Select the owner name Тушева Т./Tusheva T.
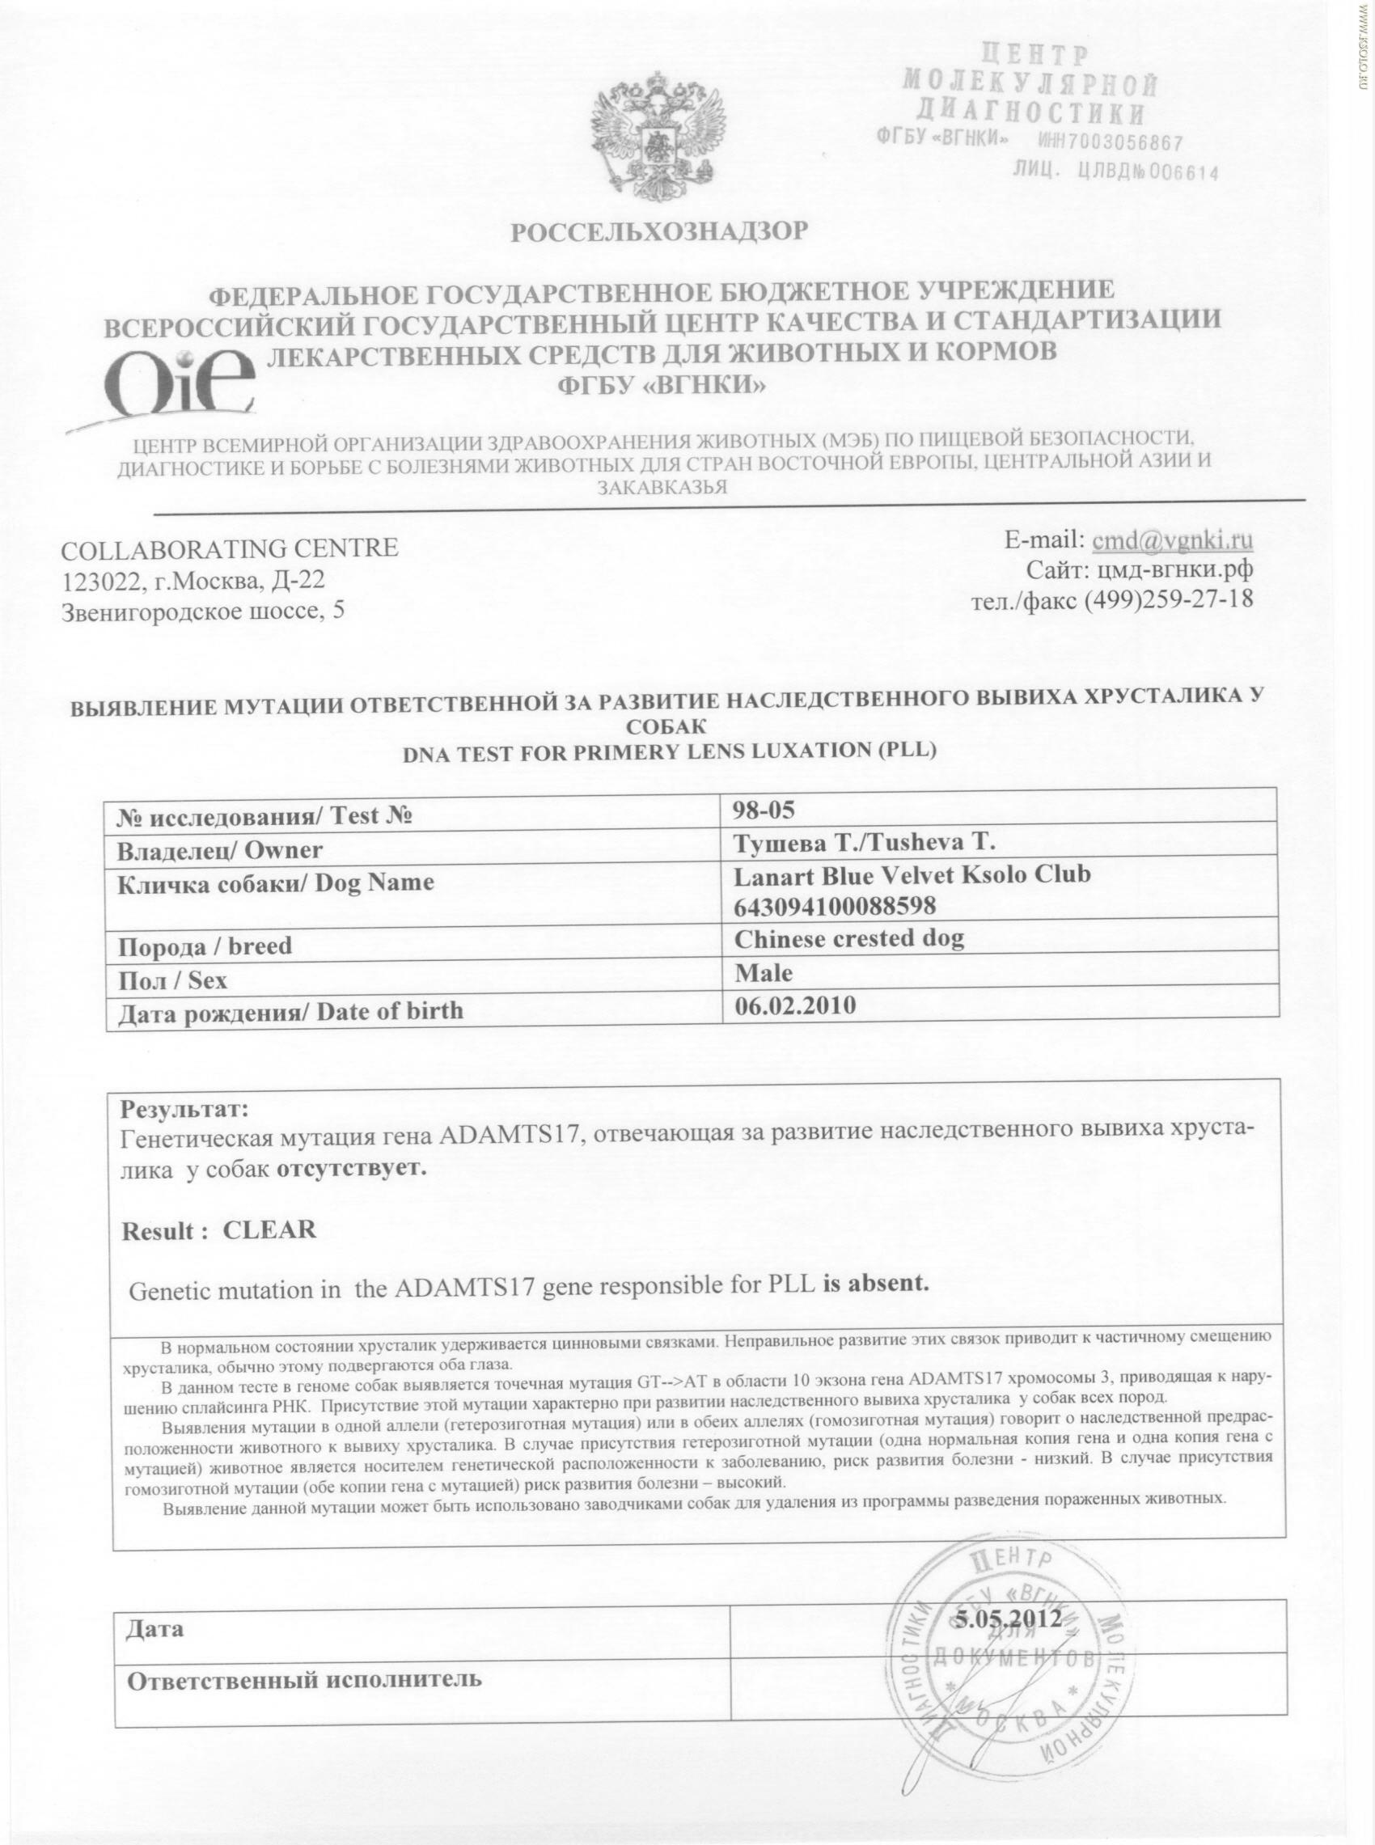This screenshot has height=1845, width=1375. pos(864,841)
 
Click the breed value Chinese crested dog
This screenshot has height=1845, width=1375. pos(849,939)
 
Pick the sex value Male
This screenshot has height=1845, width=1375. pos(764,972)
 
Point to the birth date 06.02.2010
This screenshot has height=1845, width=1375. pos(795,1005)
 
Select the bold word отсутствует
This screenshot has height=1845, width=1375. pos(351,1168)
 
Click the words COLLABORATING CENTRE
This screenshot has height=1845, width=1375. pos(231,548)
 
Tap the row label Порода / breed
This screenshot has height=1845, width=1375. pos(205,947)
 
